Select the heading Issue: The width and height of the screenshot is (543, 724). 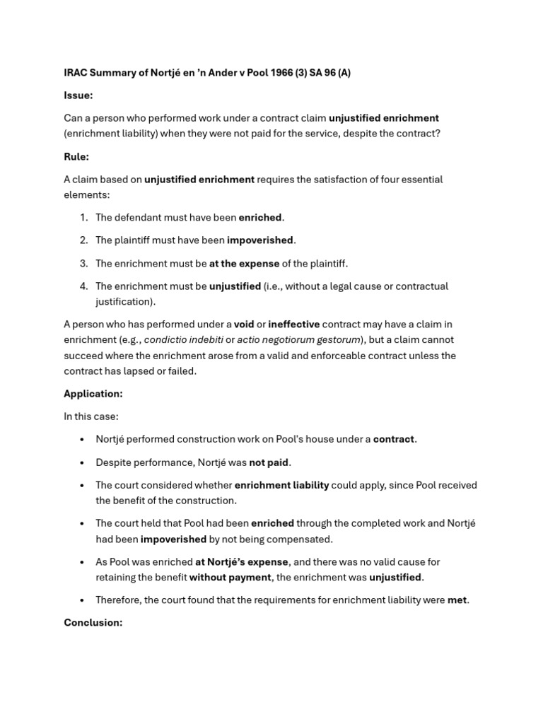pos(78,95)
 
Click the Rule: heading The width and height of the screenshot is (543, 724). pos(76,157)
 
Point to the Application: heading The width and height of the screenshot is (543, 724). pos(93,394)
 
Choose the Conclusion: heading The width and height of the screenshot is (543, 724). pos(93,623)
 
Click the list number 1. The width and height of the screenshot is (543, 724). pos(83,218)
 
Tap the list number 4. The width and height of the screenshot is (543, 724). pos(83,286)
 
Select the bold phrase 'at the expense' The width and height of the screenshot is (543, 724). pos(244,264)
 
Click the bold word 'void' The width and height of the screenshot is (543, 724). pos(244,325)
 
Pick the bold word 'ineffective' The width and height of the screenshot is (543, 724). pos(293,325)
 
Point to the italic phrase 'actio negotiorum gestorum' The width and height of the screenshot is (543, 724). pos(298,340)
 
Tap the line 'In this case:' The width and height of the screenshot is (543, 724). pos(91,416)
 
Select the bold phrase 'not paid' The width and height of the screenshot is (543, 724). pos(269,462)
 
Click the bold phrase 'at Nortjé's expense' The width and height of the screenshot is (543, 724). pos(242,562)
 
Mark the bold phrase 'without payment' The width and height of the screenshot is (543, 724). pos(230,578)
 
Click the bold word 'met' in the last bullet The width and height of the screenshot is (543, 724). pos(457,600)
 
